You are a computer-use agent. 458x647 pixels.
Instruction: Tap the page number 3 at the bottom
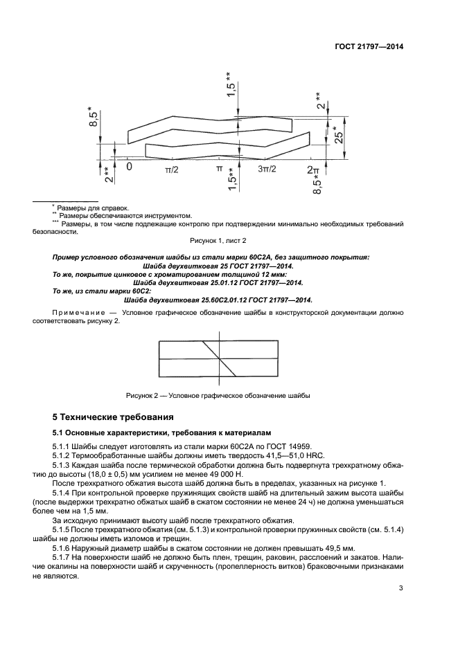tap(400, 589)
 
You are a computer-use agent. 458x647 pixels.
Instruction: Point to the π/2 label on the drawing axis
tap(172, 169)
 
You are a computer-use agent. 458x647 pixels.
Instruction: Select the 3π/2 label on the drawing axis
tap(267, 169)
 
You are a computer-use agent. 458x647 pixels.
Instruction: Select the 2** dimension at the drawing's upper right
tap(320, 102)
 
